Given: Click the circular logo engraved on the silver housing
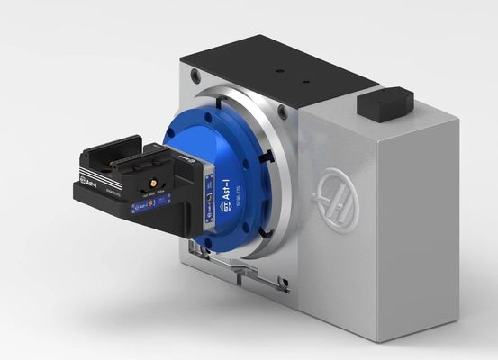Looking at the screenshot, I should [x=341, y=200].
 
